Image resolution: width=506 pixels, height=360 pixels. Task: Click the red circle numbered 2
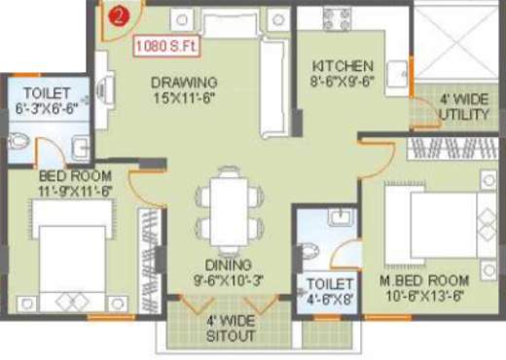click(118, 16)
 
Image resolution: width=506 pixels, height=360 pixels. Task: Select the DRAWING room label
click(184, 82)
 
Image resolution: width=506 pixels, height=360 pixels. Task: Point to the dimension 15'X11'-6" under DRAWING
click(184, 97)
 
